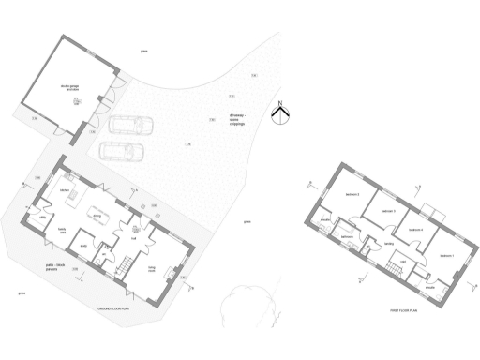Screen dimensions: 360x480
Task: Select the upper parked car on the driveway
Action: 132,126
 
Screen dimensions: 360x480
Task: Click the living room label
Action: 152,268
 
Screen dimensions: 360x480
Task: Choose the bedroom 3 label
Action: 386,212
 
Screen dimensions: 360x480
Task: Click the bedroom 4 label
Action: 415,230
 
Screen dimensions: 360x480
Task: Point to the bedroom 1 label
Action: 446,255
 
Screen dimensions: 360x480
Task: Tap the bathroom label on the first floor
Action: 346,237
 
